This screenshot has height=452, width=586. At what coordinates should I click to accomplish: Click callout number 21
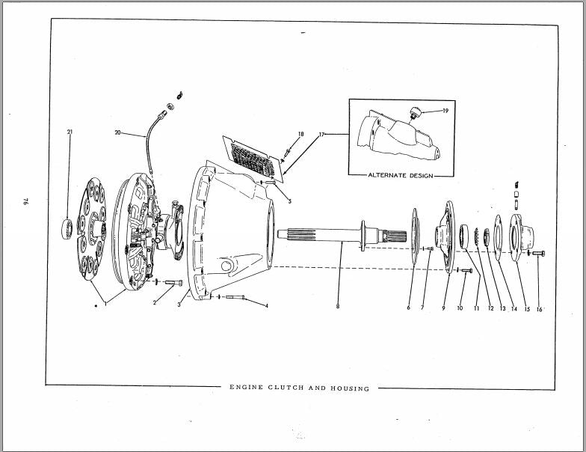coord(70,132)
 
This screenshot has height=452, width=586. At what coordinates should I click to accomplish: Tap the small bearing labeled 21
coord(67,229)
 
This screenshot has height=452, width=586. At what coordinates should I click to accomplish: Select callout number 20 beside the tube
coord(118,132)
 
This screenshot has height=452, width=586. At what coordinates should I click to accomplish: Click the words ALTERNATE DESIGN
coord(401,175)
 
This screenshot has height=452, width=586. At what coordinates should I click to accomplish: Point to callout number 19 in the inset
coord(445,111)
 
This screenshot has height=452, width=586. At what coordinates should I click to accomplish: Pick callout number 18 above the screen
coord(300,134)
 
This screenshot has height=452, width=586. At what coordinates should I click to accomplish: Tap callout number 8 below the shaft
coord(338,306)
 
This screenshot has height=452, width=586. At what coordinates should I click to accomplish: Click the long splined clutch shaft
coord(342,236)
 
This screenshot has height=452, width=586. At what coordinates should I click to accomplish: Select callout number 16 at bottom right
coord(539,309)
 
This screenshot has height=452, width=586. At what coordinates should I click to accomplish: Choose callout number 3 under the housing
coord(179,305)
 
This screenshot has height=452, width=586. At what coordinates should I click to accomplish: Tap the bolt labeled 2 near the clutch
coord(173,283)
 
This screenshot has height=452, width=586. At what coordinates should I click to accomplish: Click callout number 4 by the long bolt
coord(266,305)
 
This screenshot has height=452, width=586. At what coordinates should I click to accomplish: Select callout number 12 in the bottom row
coord(490,308)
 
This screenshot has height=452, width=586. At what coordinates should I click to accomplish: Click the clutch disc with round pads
coord(91,229)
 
